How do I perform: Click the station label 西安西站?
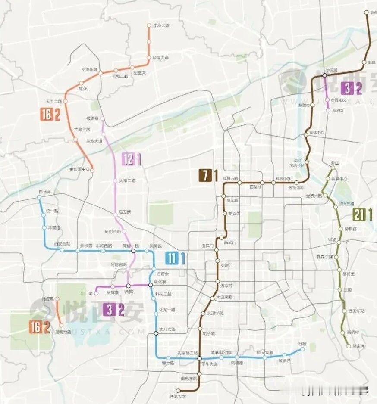pyautogui.click(x=62, y=244)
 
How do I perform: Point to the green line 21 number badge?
pyautogui.click(x=358, y=214)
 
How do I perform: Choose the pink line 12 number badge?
pyautogui.click(x=128, y=159)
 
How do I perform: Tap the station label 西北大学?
pyautogui.click(x=178, y=396)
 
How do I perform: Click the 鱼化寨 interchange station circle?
pyautogui.click(x=150, y=285)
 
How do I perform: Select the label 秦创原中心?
pyautogui.click(x=79, y=169)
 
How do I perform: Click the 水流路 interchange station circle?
pyautogui.click(x=325, y=75)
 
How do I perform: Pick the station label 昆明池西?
pyautogui.click(x=63, y=332)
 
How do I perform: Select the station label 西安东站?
pyautogui.click(x=357, y=311)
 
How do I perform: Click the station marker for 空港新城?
pyautogui.click(x=100, y=73)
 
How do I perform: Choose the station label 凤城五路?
pyautogui.click(x=231, y=178)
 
